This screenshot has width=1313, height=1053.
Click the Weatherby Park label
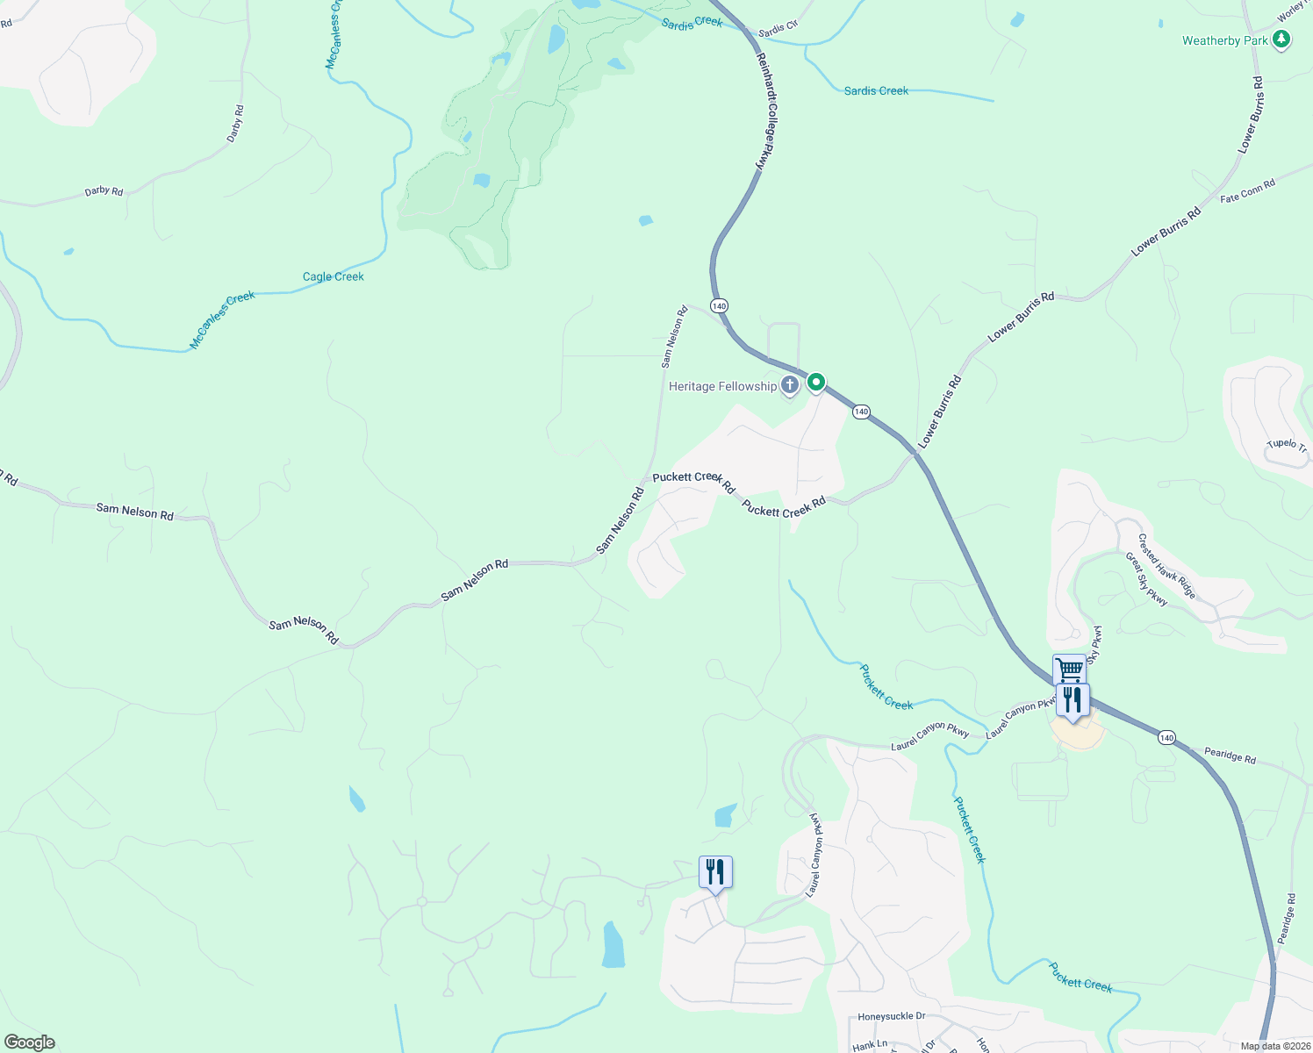(1224, 40)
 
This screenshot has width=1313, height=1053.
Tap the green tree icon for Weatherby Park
(1281, 39)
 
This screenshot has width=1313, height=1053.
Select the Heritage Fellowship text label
(722, 386)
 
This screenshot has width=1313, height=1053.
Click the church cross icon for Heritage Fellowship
(789, 384)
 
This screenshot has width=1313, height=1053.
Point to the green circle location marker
(816, 382)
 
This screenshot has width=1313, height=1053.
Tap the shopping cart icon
(1069, 670)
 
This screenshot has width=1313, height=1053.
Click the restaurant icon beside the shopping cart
(1073, 700)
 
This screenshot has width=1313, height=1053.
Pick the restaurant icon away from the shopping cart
(715, 872)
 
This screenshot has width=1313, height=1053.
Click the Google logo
(29, 1042)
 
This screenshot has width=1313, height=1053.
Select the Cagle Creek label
(333, 276)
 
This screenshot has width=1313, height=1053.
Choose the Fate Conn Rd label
(1247, 192)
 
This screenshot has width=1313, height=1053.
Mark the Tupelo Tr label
(1287, 445)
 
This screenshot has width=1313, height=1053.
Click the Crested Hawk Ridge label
(1166, 566)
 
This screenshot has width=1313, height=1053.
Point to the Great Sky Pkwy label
(1146, 579)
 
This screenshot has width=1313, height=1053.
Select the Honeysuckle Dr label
(891, 1016)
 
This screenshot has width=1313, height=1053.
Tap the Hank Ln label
(870, 1045)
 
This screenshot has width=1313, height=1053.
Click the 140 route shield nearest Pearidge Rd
(1166, 738)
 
